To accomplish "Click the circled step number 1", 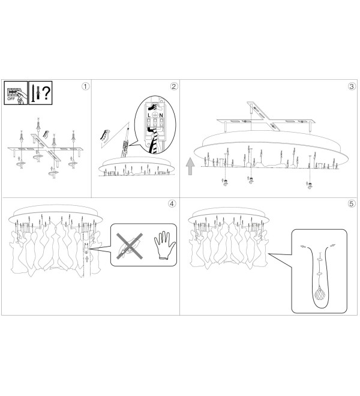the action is coord(85,86).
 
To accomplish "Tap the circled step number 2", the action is coord(173,86).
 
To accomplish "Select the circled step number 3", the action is coord(352,86).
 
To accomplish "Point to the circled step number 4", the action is coord(172,203).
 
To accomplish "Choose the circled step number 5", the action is coord(352,203).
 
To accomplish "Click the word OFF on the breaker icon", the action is coord(11,99).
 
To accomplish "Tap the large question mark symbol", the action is coord(46,93).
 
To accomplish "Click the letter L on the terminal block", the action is coord(149,115).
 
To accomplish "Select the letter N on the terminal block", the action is coord(161,115).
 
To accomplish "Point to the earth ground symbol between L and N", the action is coord(155,115).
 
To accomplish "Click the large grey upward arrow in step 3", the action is coord(190,166).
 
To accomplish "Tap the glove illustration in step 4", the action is coord(164,245).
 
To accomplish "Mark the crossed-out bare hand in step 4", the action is coord(130,246).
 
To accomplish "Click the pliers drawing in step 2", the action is coord(106,136).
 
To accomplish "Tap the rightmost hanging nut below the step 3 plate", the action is coord(310,185).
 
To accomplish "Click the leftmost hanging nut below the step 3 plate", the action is coord(226,182).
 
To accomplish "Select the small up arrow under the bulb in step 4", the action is coord(87,259).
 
